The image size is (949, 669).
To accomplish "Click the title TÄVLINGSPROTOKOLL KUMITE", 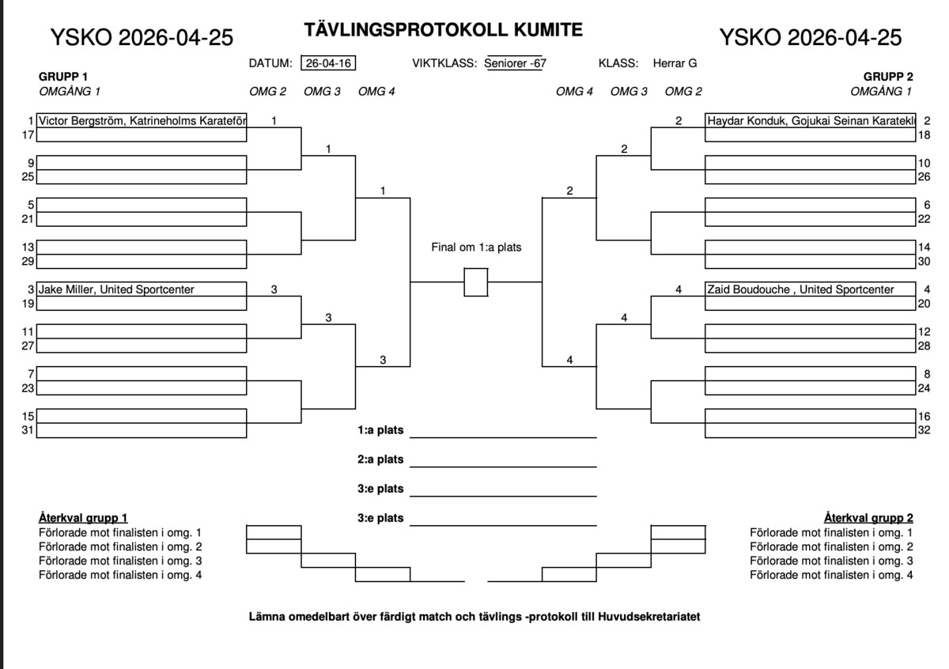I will click(x=443, y=30).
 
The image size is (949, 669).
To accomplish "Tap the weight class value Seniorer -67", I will click(x=515, y=64).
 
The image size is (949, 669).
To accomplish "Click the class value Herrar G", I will click(x=675, y=64).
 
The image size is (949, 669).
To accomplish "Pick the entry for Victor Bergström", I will click(x=142, y=122).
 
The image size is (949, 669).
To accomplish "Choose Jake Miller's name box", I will click(x=142, y=289).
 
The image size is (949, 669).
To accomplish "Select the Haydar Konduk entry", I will click(x=810, y=122).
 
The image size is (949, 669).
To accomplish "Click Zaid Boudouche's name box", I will click(x=810, y=289).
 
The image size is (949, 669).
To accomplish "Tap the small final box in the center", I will click(x=475, y=282).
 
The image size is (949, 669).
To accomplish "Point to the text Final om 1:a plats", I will click(x=476, y=248).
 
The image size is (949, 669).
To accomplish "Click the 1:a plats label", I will click(x=380, y=431).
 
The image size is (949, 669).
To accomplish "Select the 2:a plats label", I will click(x=380, y=459).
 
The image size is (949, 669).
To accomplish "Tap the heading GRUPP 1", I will click(x=63, y=77).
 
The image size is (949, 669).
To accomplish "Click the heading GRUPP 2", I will click(x=888, y=77).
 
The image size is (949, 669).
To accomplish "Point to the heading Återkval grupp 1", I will click(x=83, y=518).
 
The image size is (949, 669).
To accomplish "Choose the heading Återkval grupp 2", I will click(x=868, y=518).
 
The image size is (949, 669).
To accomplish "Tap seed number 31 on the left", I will click(x=27, y=431).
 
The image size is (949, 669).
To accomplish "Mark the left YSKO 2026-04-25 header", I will click(x=142, y=37).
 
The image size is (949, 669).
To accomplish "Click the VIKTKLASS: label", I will click(x=444, y=64).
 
